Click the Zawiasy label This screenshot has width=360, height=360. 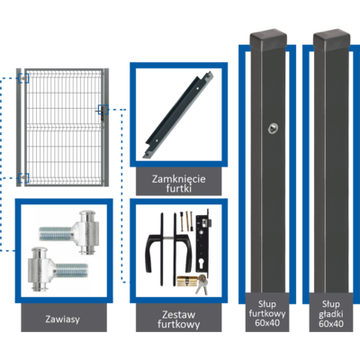tap(63, 319)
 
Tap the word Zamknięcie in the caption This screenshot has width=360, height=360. tap(179, 179)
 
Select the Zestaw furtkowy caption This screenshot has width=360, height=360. tap(179, 319)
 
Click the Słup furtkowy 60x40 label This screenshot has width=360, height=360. tap(267, 313)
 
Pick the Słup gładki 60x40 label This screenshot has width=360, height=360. tap(331, 314)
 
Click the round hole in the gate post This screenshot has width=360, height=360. tap(273, 129)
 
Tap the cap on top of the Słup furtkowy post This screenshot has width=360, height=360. tap(268, 37)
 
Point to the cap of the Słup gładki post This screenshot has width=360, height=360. tap(331, 37)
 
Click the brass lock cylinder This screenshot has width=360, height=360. tap(187, 281)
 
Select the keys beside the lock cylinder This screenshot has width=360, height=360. tap(202, 283)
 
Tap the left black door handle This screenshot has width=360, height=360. tap(156, 249)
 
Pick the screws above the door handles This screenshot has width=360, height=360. tap(186, 220)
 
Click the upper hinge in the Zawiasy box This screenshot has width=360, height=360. tap(69, 232)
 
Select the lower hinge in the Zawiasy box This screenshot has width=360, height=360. tap(58, 268)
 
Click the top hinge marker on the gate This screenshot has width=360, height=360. tap(22, 78)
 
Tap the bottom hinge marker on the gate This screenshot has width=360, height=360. tap(22, 178)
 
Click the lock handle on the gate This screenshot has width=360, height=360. tap(102, 111)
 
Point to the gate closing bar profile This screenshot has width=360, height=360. tap(178, 114)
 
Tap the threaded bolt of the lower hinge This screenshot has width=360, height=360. tap(72, 270)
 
